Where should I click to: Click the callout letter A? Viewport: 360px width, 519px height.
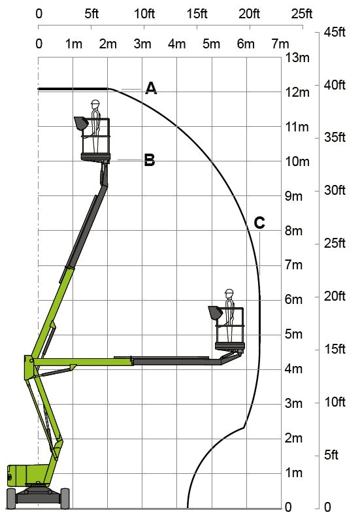[x=151, y=88]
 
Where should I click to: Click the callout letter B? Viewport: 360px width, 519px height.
[x=150, y=160]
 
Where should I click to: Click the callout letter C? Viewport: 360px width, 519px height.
[x=259, y=223]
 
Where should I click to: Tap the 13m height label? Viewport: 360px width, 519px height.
[x=297, y=58]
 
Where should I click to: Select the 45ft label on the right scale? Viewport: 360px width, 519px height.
[x=335, y=32]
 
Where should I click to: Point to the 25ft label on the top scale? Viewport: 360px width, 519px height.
[x=302, y=14]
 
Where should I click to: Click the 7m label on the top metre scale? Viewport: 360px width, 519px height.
[x=280, y=44]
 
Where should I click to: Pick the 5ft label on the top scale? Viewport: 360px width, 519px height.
[x=91, y=14]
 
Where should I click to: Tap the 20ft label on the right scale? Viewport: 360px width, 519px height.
[x=335, y=296]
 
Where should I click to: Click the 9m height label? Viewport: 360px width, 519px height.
[x=294, y=196]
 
